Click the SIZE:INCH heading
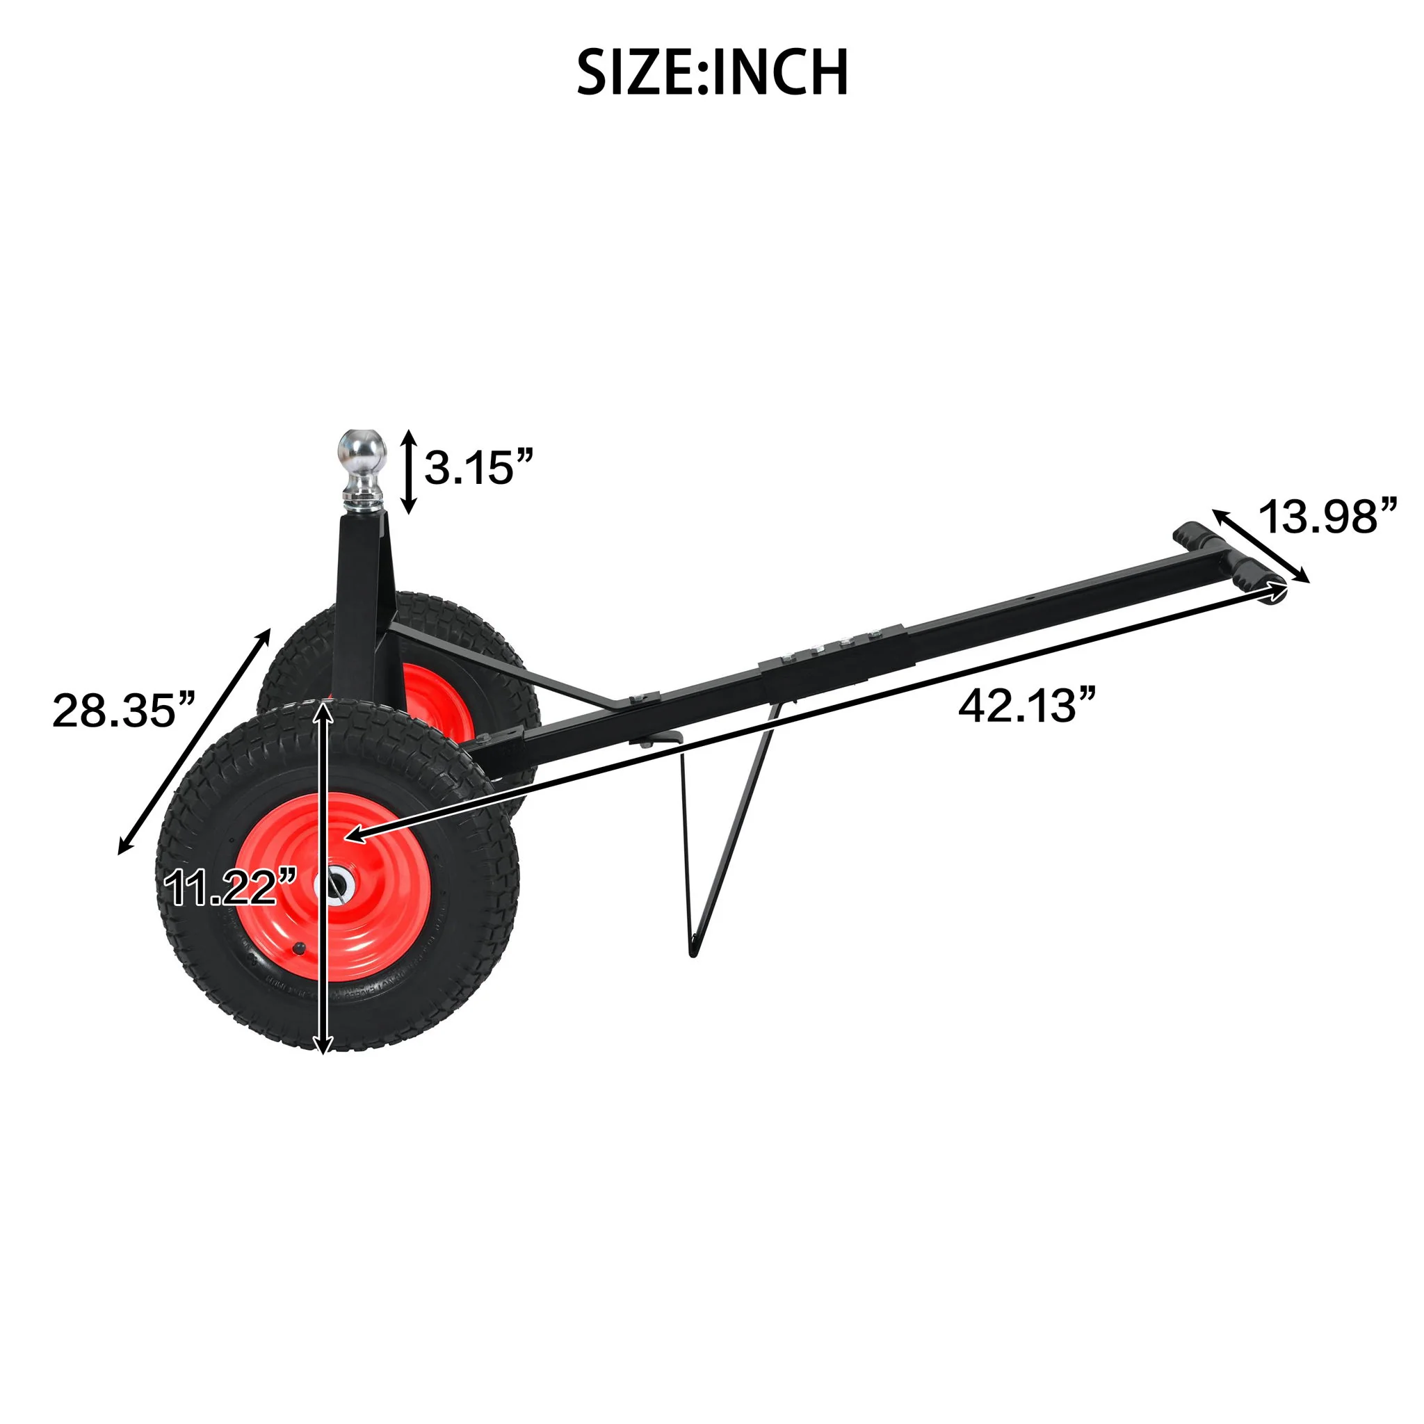click(712, 73)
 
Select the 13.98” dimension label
click(1327, 517)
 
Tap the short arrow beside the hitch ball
click(410, 471)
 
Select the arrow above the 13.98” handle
click(1261, 545)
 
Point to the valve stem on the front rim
click(299, 948)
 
